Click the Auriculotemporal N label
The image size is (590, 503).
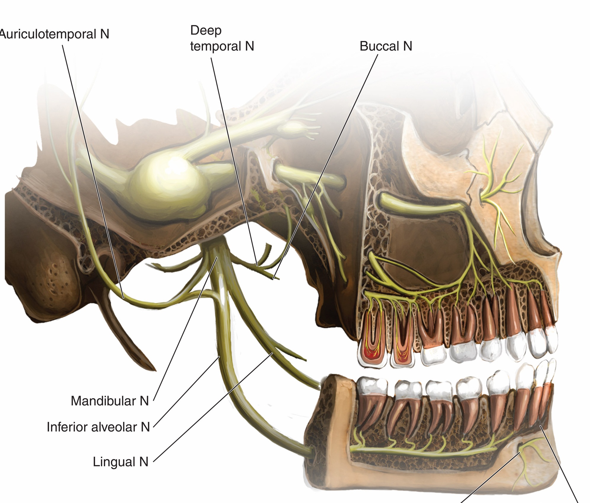coord(55,34)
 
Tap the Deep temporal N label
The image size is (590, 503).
coord(222,38)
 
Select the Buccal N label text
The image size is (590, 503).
coord(386,46)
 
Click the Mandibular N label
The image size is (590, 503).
coord(110,401)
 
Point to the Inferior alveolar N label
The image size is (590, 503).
coord(98,427)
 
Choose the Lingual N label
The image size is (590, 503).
coord(121,462)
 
